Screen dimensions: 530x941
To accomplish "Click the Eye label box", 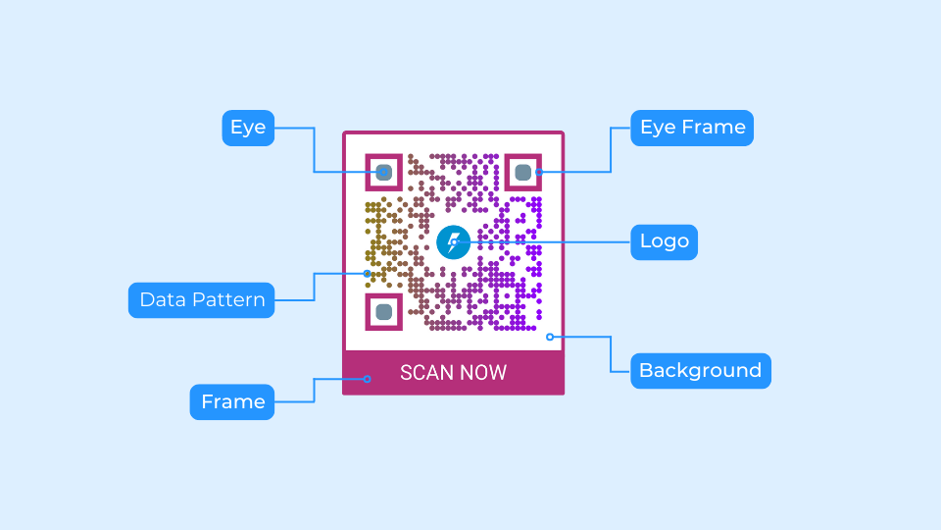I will (248, 128).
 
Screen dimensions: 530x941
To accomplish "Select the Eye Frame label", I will (693, 128).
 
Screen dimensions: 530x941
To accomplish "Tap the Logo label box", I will (664, 241).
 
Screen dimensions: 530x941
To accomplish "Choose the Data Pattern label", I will (202, 299).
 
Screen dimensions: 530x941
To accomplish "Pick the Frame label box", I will (232, 401).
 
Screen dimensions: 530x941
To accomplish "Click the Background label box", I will (700, 370).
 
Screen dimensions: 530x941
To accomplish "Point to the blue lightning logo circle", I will (453, 241).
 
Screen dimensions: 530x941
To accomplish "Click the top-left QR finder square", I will (384, 172).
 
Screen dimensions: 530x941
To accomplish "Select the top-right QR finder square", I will (522, 172).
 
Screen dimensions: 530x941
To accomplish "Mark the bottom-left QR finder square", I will (384, 312).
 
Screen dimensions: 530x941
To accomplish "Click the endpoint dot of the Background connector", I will (550, 337).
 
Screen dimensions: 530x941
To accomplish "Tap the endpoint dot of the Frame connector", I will (368, 379).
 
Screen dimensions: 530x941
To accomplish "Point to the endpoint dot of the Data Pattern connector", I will (368, 273).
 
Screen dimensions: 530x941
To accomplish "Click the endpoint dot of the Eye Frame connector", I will (539, 172).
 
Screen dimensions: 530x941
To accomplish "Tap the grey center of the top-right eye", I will (522, 172).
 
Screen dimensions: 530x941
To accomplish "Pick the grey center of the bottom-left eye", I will (384, 312).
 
